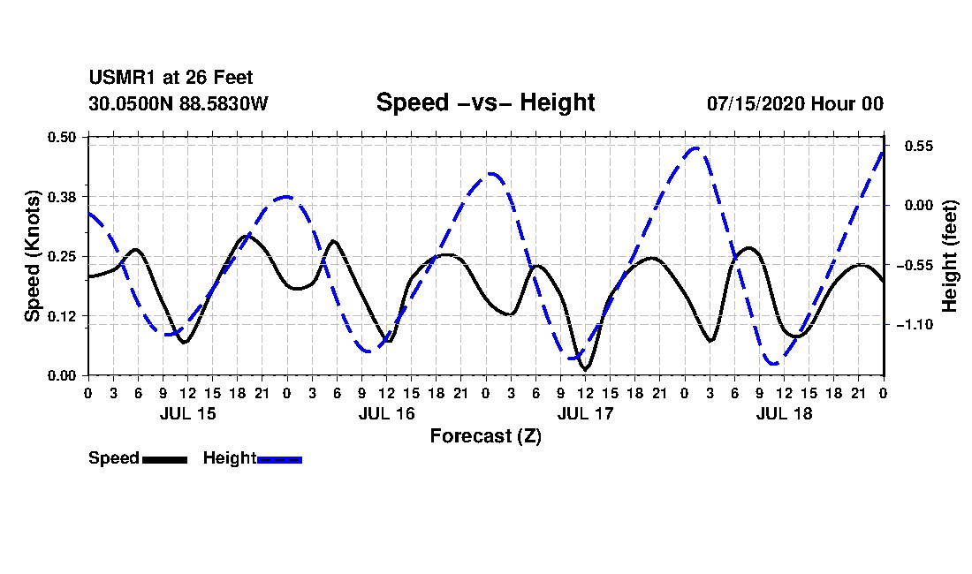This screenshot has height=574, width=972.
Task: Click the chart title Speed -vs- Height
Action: coord(485,102)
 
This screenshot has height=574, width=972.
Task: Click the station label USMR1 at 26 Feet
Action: coord(171,78)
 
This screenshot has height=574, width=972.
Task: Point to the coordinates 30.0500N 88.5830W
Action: coord(178,103)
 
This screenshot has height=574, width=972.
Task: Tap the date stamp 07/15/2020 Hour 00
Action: coord(794,103)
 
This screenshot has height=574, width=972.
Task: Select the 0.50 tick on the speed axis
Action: coord(61,137)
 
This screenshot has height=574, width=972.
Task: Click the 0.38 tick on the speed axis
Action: coord(61,197)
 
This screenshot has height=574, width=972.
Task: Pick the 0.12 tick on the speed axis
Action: coord(61,316)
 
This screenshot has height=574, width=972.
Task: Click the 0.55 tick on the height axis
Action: coord(919,146)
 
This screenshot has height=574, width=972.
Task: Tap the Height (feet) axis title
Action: coord(950,256)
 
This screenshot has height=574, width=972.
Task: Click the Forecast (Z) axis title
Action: coord(485,436)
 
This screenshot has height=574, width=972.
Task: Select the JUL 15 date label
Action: coord(188,413)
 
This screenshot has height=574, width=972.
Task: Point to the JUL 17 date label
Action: coord(585,413)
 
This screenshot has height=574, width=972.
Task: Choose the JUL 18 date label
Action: coord(784,413)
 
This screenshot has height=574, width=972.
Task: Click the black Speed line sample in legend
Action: coord(164,459)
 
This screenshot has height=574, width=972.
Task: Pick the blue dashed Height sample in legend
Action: coord(279,459)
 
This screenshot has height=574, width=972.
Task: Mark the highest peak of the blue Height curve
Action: coord(695,148)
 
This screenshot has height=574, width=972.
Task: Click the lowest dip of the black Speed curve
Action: coord(586,369)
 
